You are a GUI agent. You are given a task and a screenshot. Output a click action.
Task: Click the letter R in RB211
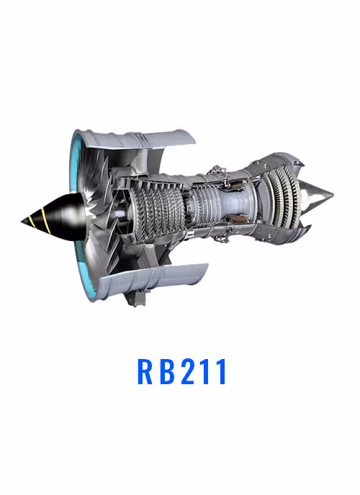point(145,371)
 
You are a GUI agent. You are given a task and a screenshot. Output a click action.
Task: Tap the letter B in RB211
point(168,371)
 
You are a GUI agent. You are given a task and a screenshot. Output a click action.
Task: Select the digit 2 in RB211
point(189,371)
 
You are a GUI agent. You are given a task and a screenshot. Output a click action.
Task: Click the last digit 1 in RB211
point(222,371)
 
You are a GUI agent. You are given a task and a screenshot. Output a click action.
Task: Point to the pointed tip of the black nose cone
point(22,222)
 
